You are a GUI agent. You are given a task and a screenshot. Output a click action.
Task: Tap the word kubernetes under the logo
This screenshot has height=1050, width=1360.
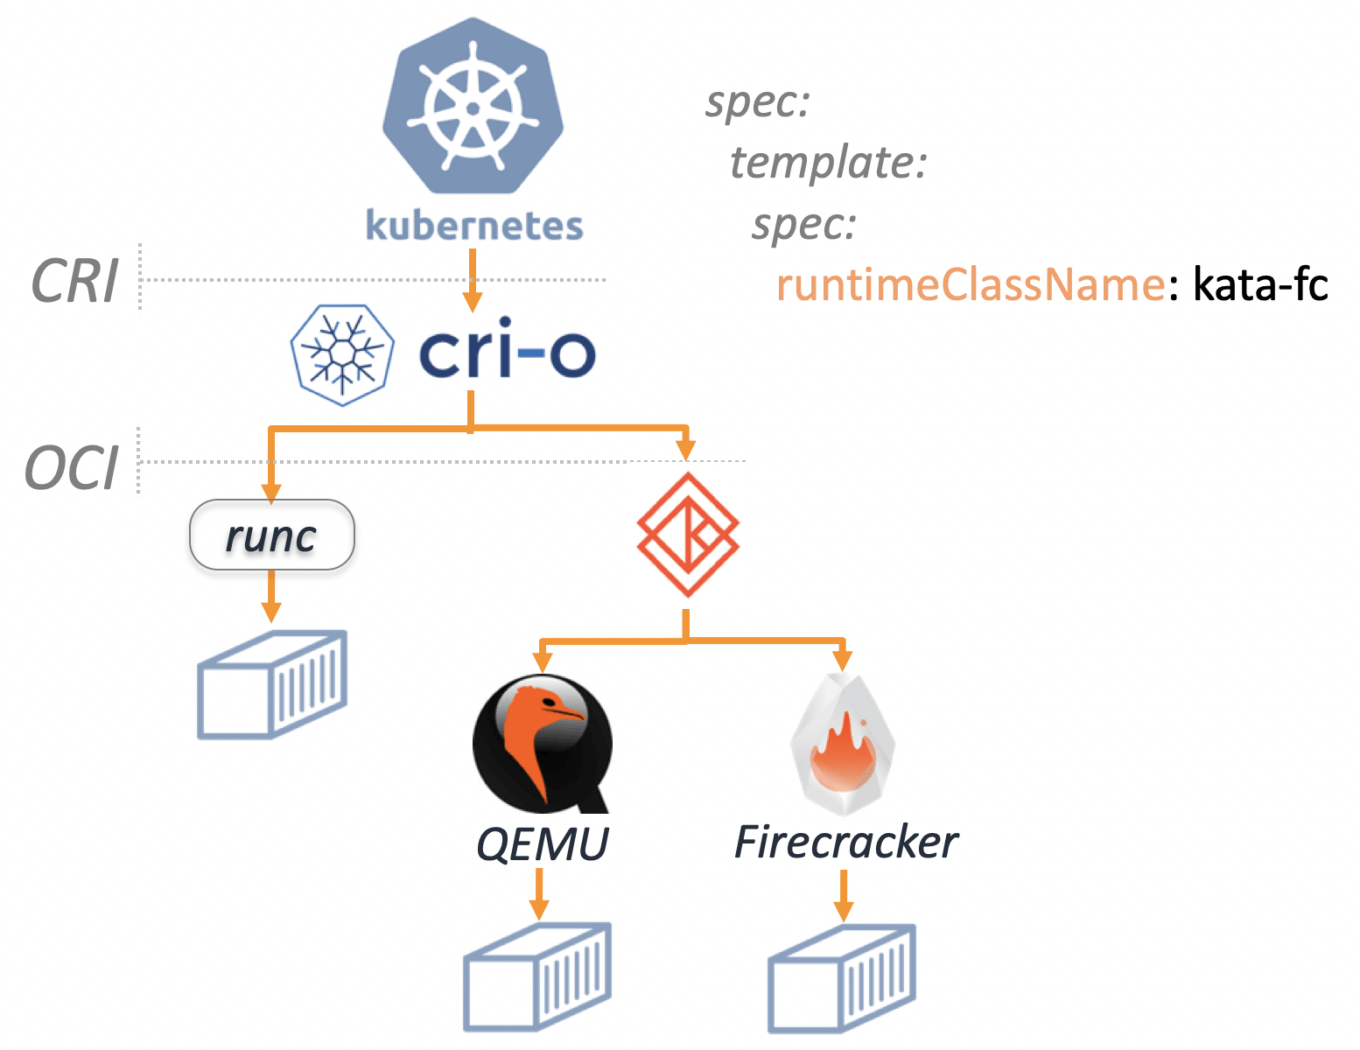[474, 226]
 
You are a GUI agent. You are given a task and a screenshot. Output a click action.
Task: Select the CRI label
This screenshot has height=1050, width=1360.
[74, 282]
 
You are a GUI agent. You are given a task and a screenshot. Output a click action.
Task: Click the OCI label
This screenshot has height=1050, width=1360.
[72, 468]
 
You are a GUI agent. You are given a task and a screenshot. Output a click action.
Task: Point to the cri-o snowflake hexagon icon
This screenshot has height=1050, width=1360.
[342, 354]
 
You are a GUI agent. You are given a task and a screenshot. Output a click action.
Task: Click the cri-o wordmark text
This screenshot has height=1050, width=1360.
[507, 353]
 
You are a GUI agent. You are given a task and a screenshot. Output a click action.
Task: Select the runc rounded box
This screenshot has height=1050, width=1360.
[272, 535]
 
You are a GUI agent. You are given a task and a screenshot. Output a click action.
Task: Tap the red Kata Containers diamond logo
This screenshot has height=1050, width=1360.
[688, 534]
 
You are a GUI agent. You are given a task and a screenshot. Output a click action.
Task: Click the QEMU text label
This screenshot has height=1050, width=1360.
[543, 844]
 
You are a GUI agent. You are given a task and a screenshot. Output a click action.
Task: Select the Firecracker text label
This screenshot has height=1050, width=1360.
[845, 843]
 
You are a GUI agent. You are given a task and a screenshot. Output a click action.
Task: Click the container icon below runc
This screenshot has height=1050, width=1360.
[272, 684]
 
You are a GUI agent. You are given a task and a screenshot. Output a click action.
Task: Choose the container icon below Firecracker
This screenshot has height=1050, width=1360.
[842, 977]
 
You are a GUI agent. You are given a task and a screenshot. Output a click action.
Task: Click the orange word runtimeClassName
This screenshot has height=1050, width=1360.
[971, 285]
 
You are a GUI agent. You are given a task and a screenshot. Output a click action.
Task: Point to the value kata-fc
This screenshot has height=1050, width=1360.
[1261, 285]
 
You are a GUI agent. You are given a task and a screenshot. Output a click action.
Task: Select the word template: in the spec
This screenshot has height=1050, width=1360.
[828, 163]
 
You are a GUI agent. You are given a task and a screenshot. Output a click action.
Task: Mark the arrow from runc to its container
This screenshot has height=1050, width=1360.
[272, 597]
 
